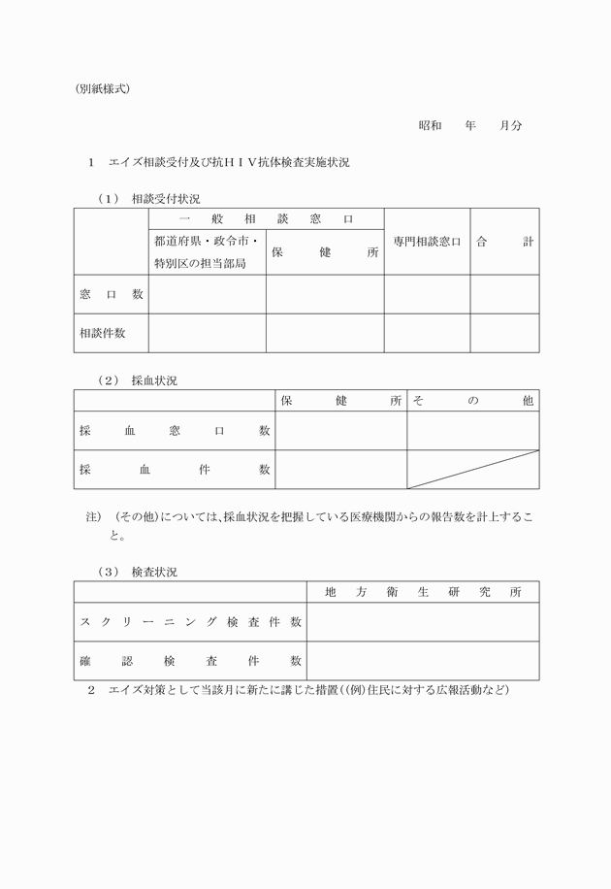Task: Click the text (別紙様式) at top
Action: pyautogui.click(x=102, y=89)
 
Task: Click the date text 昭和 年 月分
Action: pyautogui.click(x=470, y=126)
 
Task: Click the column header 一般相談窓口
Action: pyautogui.click(x=266, y=219)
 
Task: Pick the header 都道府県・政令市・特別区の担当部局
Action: pyautogui.click(x=207, y=251)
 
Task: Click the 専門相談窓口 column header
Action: pyautogui.click(x=427, y=242)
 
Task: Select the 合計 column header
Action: pyautogui.click(x=504, y=242)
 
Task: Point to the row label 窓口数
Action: pyautogui.click(x=112, y=294)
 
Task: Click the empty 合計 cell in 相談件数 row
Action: pyautogui.click(x=504, y=333)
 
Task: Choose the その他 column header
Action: pyautogui.click(x=472, y=401)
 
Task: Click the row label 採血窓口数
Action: pyautogui.click(x=175, y=431)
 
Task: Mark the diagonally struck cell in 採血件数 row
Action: pyautogui.click(x=472, y=470)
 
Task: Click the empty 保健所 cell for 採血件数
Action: pyautogui.click(x=340, y=470)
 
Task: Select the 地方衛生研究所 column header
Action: pyautogui.click(x=423, y=592)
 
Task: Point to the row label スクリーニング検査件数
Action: pyautogui.click(x=190, y=622)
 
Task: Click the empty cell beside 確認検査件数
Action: pyautogui.click(x=423, y=661)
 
